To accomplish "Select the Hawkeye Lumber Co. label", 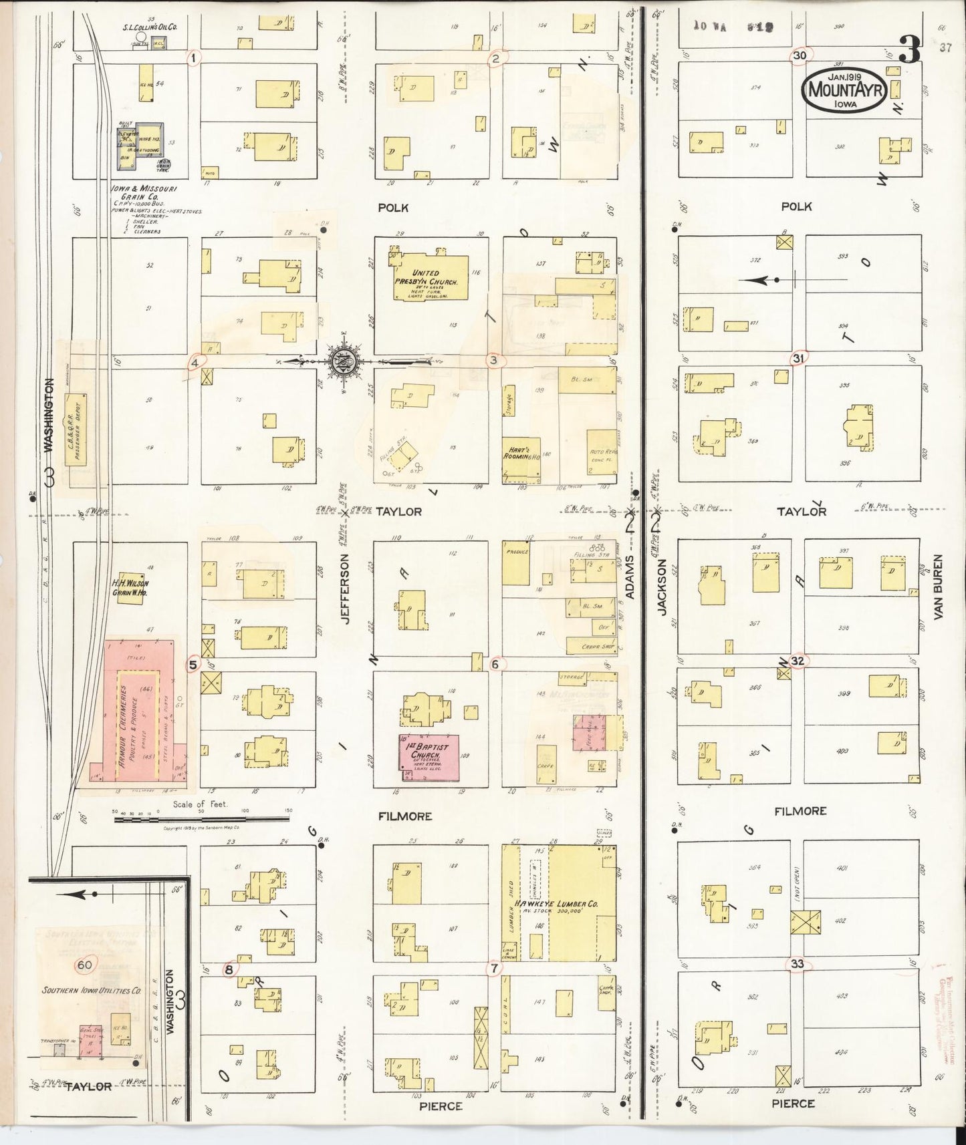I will pos(556,904).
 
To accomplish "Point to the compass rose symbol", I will pos(345,361).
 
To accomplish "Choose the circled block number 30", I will pos(800,56).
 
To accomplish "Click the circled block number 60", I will pos(85,965).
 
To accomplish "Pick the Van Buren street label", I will pos(937,587).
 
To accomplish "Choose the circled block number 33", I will pos(797,964).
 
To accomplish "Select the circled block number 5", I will pos(193,665).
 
